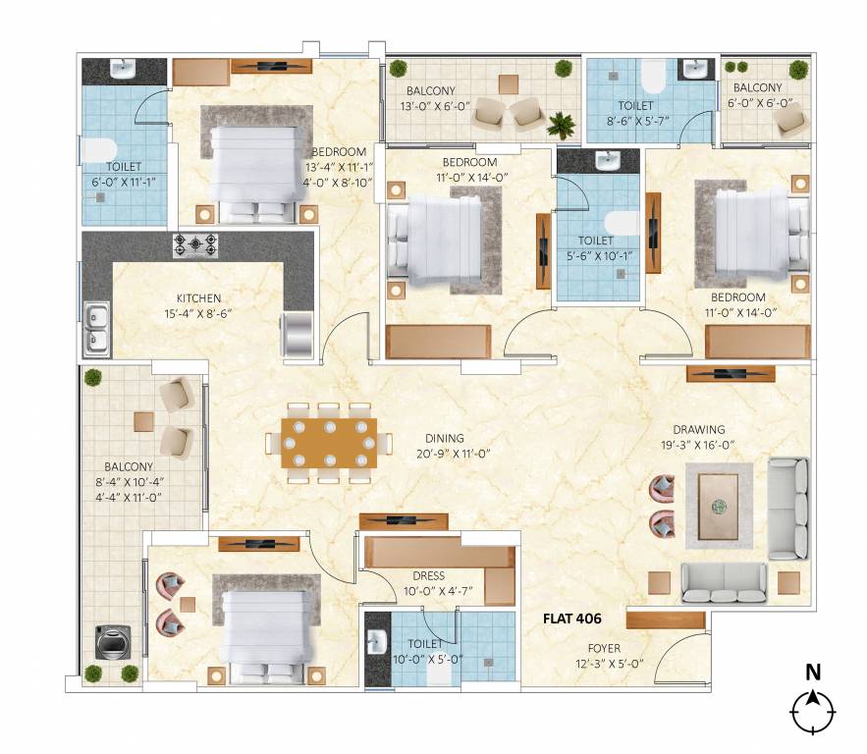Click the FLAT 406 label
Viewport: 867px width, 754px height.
[x=571, y=619]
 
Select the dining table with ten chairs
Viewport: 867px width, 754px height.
[x=328, y=443]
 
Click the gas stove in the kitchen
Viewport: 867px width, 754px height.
[x=195, y=244]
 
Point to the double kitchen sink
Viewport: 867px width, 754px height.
[x=97, y=329]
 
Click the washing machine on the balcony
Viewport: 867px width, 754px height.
[x=109, y=642]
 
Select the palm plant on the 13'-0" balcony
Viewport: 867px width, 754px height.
[x=561, y=125]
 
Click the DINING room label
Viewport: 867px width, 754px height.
[x=444, y=438]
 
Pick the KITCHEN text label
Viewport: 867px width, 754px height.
[x=198, y=297]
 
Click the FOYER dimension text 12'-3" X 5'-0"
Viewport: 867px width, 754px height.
[x=603, y=663]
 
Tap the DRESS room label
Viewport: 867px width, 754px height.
[x=428, y=576]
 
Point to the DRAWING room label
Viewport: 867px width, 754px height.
[x=698, y=429]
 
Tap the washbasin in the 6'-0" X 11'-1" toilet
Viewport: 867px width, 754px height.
[x=123, y=71]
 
